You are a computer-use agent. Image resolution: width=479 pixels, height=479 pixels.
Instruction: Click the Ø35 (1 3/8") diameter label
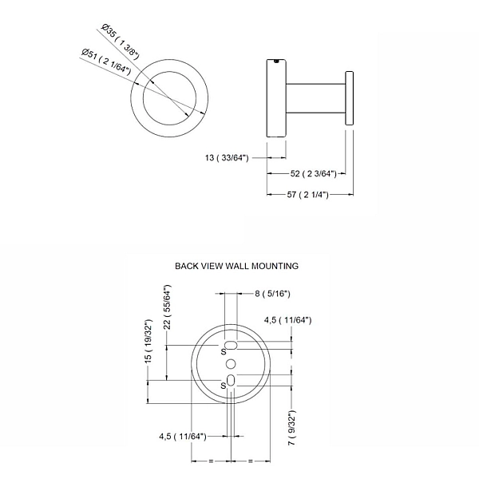tap(121, 42)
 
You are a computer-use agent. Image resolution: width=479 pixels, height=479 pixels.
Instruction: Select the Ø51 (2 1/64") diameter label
tap(106, 61)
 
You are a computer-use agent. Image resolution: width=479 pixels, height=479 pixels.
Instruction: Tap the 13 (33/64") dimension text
tap(227, 158)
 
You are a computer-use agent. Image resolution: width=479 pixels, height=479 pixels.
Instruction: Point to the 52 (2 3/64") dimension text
tap(314, 173)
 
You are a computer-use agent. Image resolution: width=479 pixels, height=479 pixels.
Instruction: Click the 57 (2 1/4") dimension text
tap(307, 194)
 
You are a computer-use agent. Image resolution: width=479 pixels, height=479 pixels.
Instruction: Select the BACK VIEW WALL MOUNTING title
tap(237, 266)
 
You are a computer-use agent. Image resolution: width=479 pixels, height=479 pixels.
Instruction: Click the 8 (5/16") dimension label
tap(272, 294)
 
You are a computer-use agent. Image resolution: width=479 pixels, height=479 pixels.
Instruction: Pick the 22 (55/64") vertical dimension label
tap(167, 307)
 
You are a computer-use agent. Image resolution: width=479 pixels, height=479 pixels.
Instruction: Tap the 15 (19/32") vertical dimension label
tap(148, 341)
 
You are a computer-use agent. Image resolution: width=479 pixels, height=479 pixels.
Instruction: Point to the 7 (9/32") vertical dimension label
tap(291, 428)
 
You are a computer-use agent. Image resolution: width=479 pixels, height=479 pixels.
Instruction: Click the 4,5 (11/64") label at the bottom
tap(183, 436)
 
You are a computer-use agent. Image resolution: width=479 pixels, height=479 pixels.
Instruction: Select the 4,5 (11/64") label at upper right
tap(287, 320)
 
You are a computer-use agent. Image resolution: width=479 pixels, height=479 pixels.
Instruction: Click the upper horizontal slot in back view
tap(232, 345)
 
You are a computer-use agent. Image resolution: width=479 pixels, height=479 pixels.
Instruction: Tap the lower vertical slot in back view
tap(231, 380)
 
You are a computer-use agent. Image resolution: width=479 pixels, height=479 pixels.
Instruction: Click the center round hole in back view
tap(231, 364)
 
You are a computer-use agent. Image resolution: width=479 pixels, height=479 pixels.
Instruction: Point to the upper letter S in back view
tap(224, 351)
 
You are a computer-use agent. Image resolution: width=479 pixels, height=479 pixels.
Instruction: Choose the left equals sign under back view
tap(211, 461)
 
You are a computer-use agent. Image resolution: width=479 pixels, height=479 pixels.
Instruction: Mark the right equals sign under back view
tap(251, 461)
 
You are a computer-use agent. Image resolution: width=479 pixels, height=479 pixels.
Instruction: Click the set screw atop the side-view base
tap(277, 61)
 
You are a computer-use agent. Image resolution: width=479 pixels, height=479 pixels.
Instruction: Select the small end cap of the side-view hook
tap(350, 98)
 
